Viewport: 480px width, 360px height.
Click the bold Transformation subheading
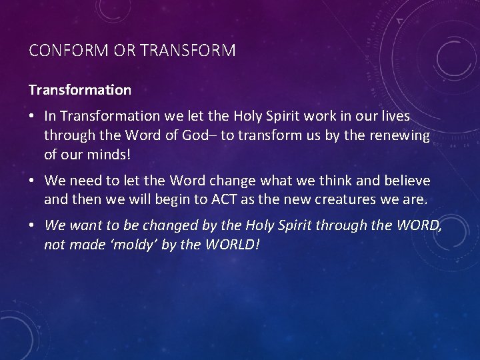(80, 89)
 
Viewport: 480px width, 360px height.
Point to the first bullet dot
(32, 117)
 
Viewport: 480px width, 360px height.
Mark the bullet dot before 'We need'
(32, 181)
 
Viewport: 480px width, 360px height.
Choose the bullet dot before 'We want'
(32, 226)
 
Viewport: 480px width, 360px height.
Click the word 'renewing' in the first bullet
(402, 135)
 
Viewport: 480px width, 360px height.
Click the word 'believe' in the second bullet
(407, 181)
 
